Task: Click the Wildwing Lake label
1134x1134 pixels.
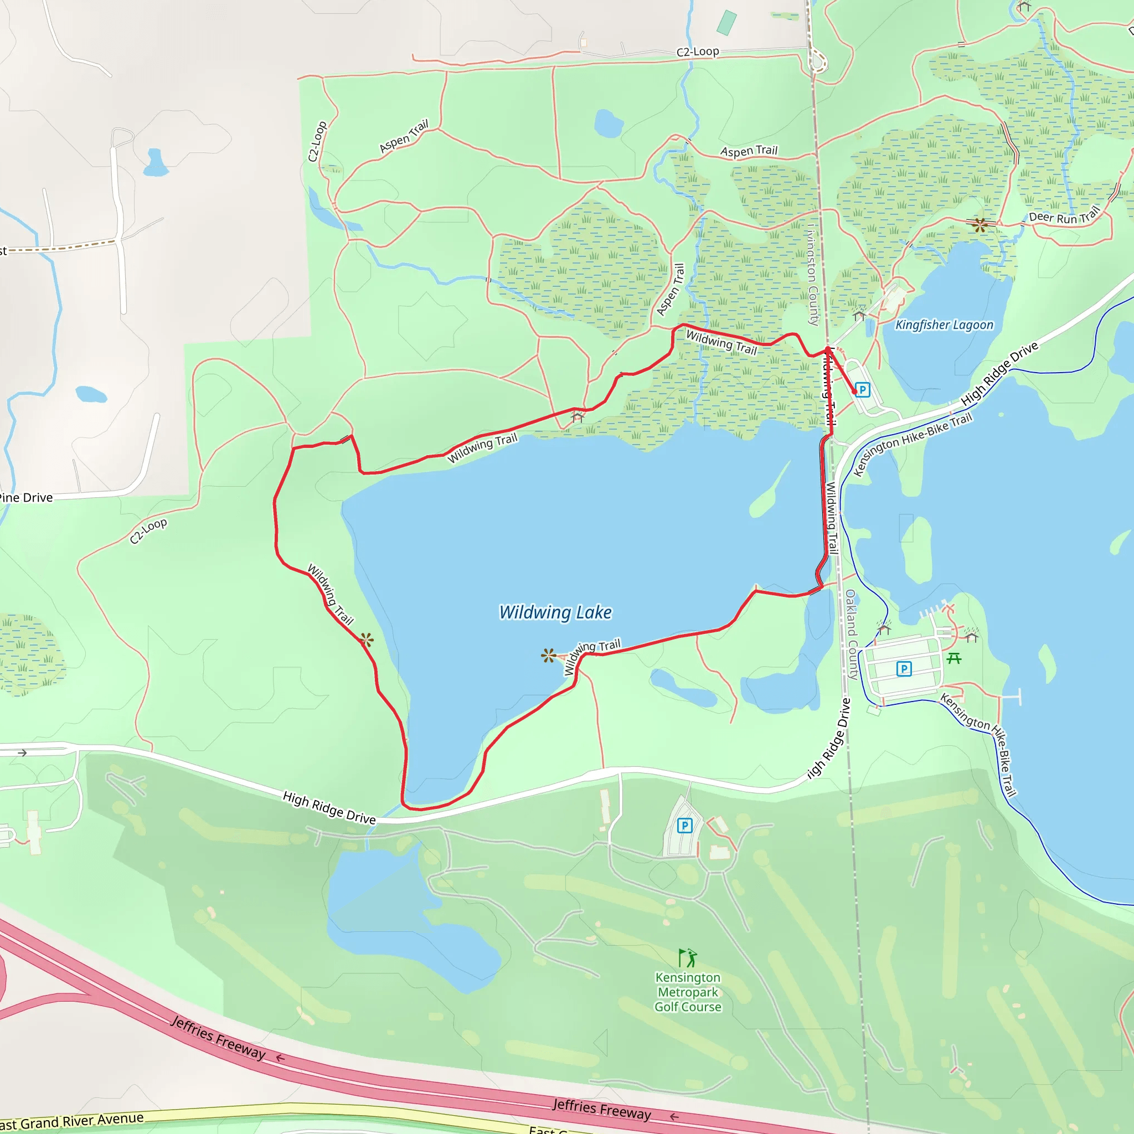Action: pos(555,612)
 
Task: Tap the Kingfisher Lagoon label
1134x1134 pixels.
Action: pos(944,324)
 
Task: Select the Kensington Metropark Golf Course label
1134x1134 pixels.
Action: pos(688,992)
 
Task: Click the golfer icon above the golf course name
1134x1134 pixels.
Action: pos(687,958)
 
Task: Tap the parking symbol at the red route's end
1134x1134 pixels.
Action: pos(862,389)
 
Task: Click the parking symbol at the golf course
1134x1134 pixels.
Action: pos(684,826)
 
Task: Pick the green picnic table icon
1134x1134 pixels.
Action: pos(954,658)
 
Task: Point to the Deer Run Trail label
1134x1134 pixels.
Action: pos(1064,217)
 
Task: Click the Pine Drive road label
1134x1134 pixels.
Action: pos(27,498)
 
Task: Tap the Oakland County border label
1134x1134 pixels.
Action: pos(852,634)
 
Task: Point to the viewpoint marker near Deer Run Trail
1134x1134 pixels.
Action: pos(979,224)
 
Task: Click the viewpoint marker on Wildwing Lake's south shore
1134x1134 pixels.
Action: pos(549,656)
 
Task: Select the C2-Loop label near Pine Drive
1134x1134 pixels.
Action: pos(148,530)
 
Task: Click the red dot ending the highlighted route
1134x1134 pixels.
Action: pos(854,391)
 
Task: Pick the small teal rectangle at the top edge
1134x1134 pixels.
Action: pos(726,22)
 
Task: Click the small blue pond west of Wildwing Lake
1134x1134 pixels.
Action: pos(91,394)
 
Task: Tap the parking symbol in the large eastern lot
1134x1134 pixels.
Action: pos(904,668)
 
